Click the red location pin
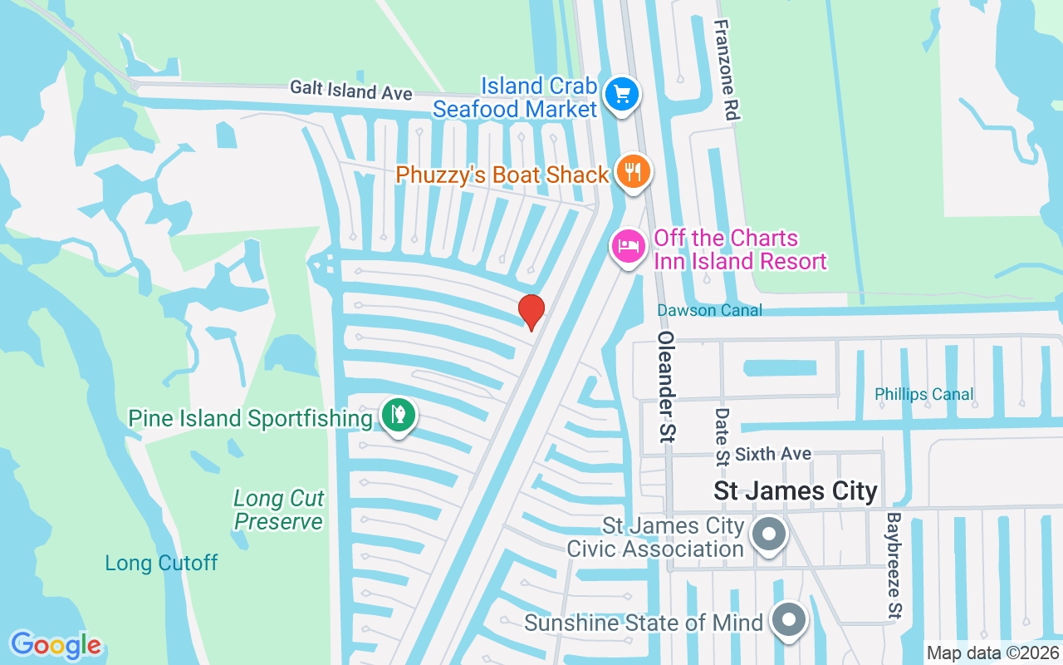[x=531, y=312]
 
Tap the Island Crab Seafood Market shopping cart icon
[x=622, y=94]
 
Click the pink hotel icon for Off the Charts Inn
[x=629, y=246]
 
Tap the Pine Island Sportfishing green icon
[x=399, y=415]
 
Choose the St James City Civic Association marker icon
[x=769, y=534]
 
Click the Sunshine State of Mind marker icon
[x=788, y=620]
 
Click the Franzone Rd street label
[x=724, y=71]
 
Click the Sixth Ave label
[x=773, y=454]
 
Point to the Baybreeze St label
[x=894, y=565]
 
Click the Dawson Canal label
[x=709, y=310]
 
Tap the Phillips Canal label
[x=923, y=394]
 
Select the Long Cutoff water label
[x=161, y=563]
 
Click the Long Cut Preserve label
[x=279, y=510]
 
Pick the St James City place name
[x=796, y=490]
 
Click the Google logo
[x=56, y=645]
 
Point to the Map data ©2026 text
[x=992, y=653]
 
